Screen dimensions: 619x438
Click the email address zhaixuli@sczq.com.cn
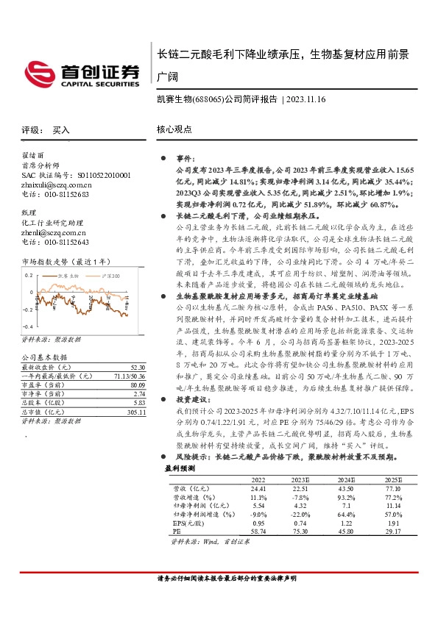(57, 185)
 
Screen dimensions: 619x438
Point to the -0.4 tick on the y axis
(28, 326)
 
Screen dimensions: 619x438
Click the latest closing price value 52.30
(138, 366)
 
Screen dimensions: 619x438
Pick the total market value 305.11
(136, 413)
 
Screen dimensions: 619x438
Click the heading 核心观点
(174, 129)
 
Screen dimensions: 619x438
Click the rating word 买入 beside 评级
(61, 129)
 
